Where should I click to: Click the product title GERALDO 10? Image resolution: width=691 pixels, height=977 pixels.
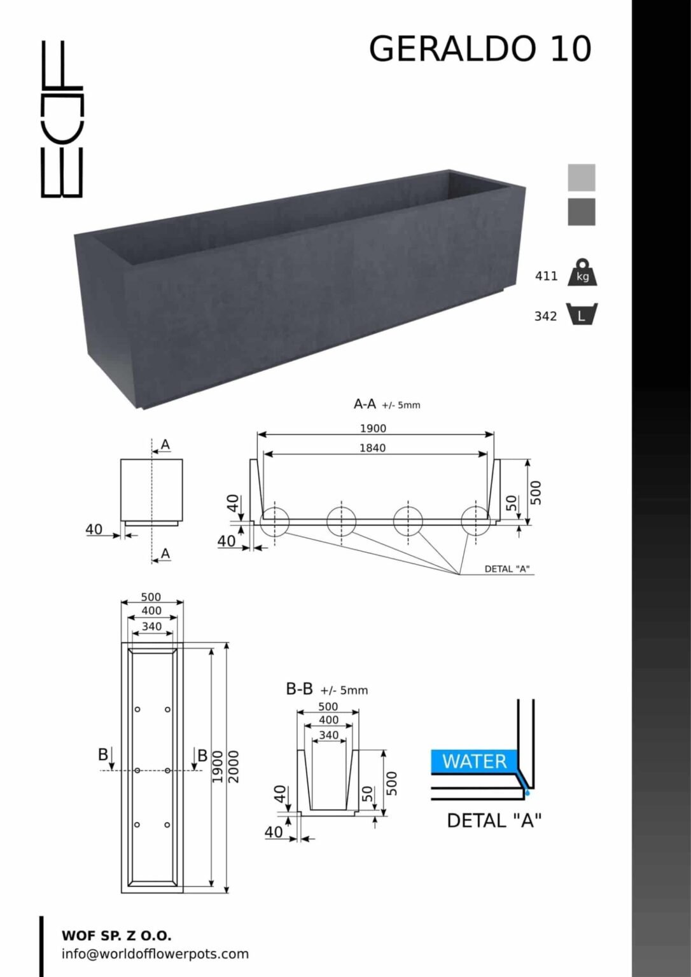click(x=480, y=48)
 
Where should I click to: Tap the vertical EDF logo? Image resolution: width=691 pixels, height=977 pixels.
click(x=62, y=119)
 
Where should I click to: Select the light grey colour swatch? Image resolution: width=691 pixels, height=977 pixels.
click(x=581, y=177)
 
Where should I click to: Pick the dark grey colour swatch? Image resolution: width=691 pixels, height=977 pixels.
click(x=581, y=212)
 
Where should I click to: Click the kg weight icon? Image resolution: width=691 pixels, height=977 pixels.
click(x=582, y=272)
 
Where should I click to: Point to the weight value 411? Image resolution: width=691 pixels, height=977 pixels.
click(x=546, y=276)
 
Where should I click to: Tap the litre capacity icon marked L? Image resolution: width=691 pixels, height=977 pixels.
click(x=582, y=314)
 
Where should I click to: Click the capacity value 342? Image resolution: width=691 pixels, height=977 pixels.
click(x=546, y=316)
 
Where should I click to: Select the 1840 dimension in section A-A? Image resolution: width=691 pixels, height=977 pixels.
click(x=373, y=448)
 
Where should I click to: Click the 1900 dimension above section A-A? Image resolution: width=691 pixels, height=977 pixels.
click(x=373, y=428)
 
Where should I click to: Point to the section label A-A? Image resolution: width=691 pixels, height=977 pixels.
click(x=364, y=404)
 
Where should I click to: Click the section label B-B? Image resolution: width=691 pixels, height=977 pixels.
click(x=299, y=689)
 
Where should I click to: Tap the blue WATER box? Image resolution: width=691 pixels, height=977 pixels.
click(x=474, y=761)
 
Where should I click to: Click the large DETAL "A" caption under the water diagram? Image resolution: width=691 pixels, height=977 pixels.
click(x=494, y=821)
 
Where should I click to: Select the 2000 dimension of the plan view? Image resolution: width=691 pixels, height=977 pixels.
click(x=234, y=766)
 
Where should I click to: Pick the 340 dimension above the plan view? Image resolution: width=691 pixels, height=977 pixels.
click(x=152, y=627)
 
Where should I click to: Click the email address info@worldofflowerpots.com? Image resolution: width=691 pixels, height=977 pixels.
click(x=155, y=954)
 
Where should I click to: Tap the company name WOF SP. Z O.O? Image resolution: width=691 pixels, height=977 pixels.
click(x=117, y=936)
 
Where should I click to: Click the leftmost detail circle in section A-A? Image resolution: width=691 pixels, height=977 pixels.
click(x=274, y=522)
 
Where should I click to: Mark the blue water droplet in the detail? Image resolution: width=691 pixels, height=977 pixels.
click(x=527, y=792)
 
